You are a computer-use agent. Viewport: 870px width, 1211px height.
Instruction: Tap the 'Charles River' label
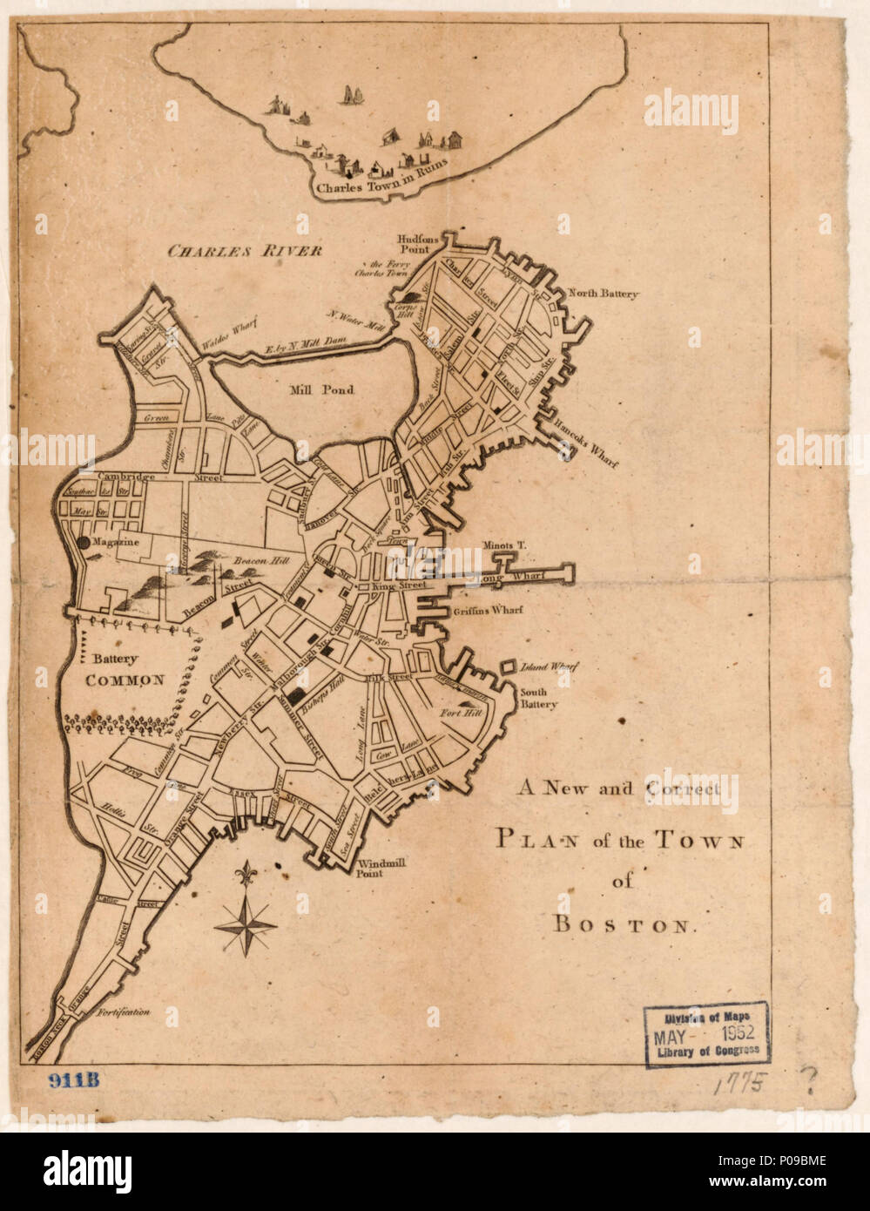[245, 251]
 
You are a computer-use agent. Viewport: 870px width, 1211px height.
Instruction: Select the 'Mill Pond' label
[321, 389]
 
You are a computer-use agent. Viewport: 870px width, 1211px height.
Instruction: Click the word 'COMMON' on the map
[125, 680]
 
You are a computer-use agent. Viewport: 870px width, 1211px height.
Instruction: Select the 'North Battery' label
[604, 294]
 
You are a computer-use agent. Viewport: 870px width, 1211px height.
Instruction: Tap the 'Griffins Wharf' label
[488, 611]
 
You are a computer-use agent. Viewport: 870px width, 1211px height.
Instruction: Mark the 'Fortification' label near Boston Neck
[124, 1012]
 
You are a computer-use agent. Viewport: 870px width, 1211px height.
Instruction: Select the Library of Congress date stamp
[706, 1033]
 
